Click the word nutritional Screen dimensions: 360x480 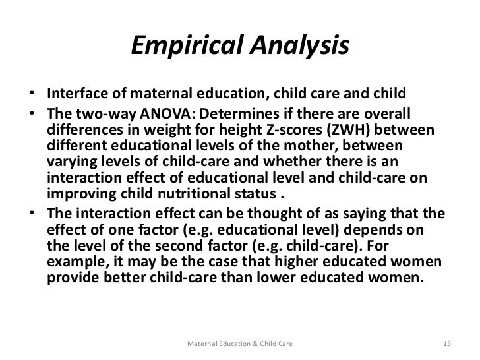(x=187, y=195)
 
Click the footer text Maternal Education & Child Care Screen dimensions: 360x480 (x=240, y=344)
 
